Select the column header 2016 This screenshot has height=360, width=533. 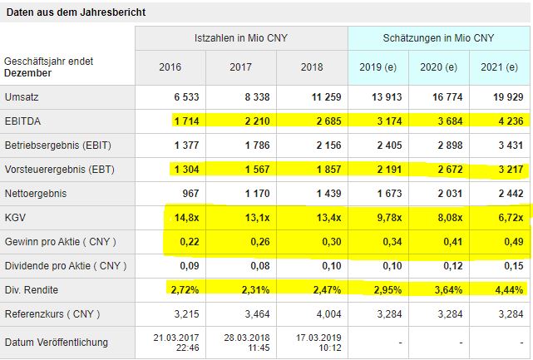[x=170, y=67]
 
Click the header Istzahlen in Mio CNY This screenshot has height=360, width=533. [x=240, y=39]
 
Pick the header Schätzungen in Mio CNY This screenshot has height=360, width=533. [x=438, y=39]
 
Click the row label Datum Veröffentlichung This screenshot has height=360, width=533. [x=57, y=343]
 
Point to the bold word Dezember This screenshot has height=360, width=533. [x=28, y=73]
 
